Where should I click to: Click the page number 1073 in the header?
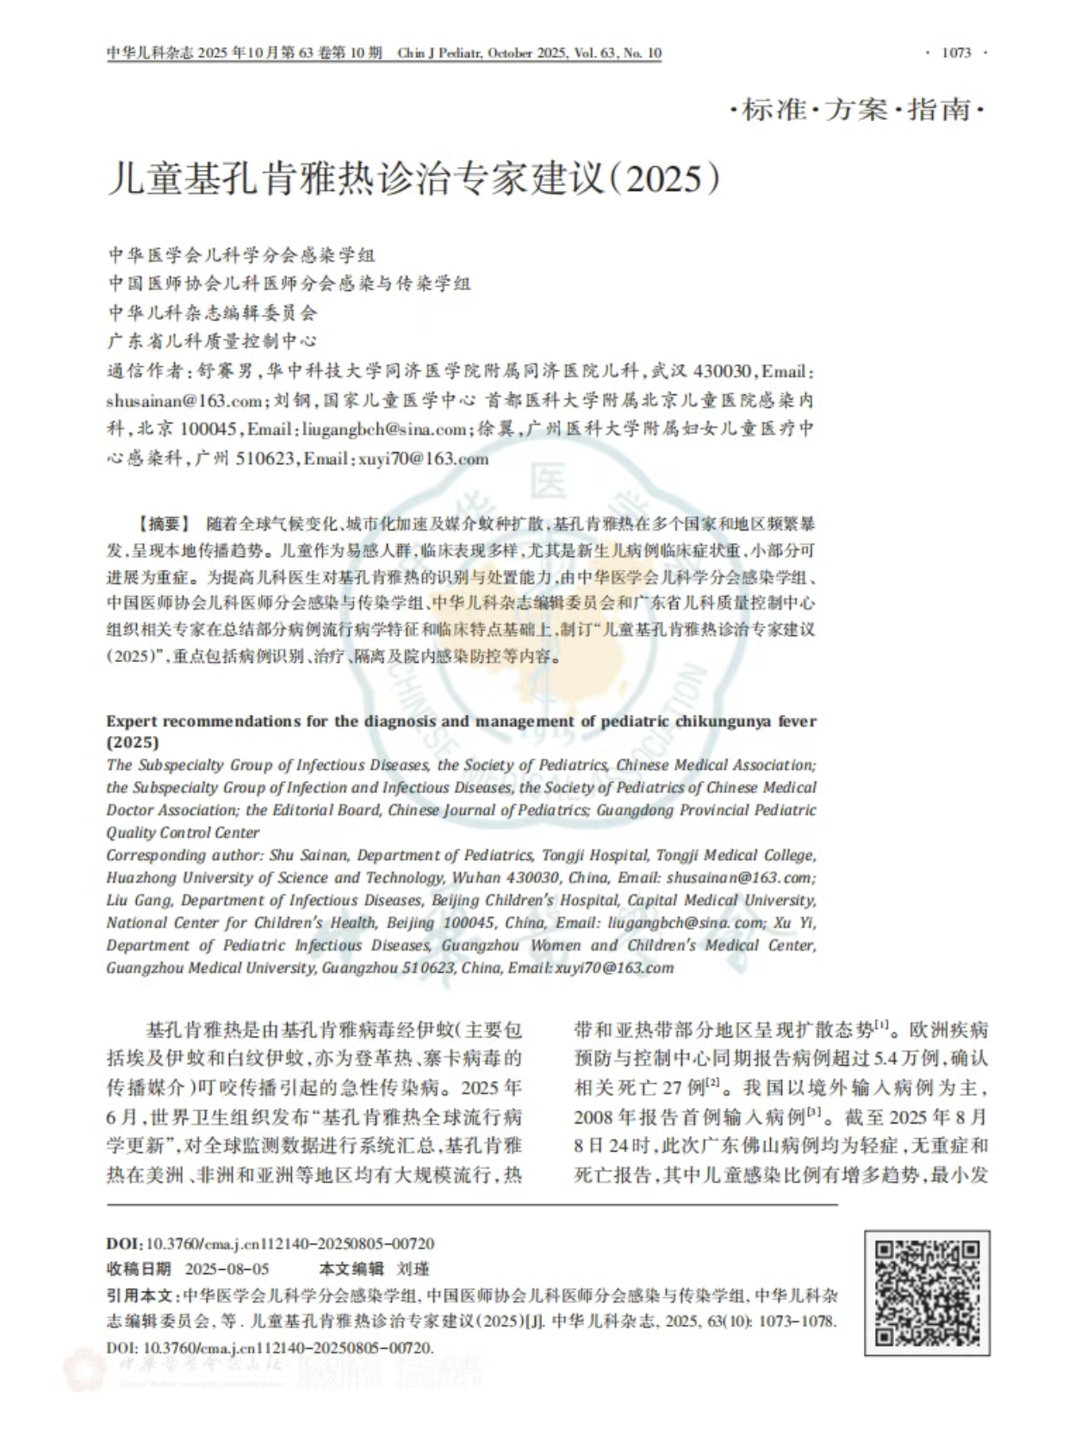956,53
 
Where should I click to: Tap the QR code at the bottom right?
927,1293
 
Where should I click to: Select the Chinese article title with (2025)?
413,178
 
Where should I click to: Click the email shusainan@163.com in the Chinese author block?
184,401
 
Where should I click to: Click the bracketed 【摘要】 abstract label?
163,524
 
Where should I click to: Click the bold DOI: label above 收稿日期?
124,1244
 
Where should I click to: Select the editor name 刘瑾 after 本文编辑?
413,1269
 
